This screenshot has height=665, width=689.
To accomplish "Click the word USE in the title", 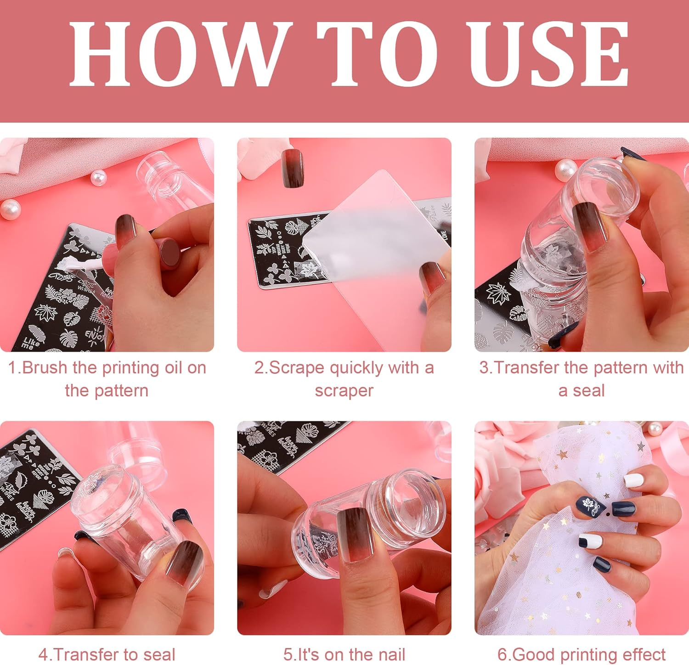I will point(548,54).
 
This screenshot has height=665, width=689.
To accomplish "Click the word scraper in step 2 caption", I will point(344,391).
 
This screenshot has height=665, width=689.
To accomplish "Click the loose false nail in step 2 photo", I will point(292,168).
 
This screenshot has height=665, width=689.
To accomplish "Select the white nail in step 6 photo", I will point(633,480).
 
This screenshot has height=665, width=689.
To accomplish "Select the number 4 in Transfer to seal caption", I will point(43,654).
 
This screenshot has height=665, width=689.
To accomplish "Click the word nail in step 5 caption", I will point(390,654).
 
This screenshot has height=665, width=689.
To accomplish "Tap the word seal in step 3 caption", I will point(588,391).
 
